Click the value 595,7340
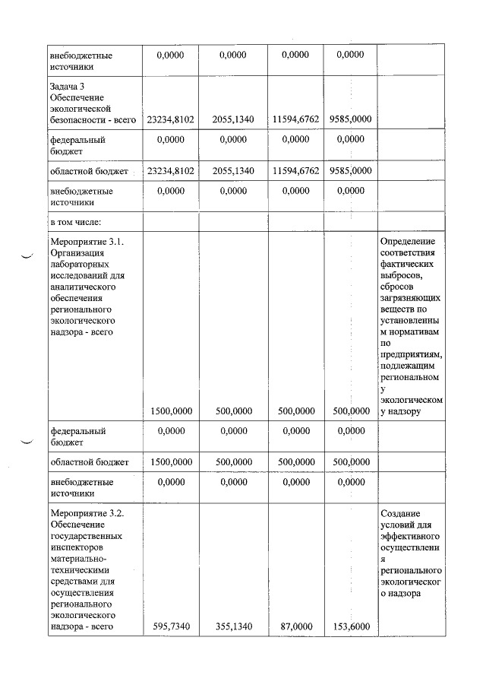coord(171,626)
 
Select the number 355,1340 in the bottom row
coord(233,626)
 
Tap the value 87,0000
coord(296,626)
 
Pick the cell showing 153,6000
coord(352,626)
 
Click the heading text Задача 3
coord(68,86)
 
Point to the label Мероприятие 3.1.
coord(87,241)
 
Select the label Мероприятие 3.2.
coord(87,513)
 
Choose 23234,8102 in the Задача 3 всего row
coord(171,119)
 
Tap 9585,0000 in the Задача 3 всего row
coord(352,119)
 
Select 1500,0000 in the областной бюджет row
coord(171,461)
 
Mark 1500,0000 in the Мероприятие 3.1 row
coord(171,411)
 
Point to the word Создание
coord(401,513)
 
